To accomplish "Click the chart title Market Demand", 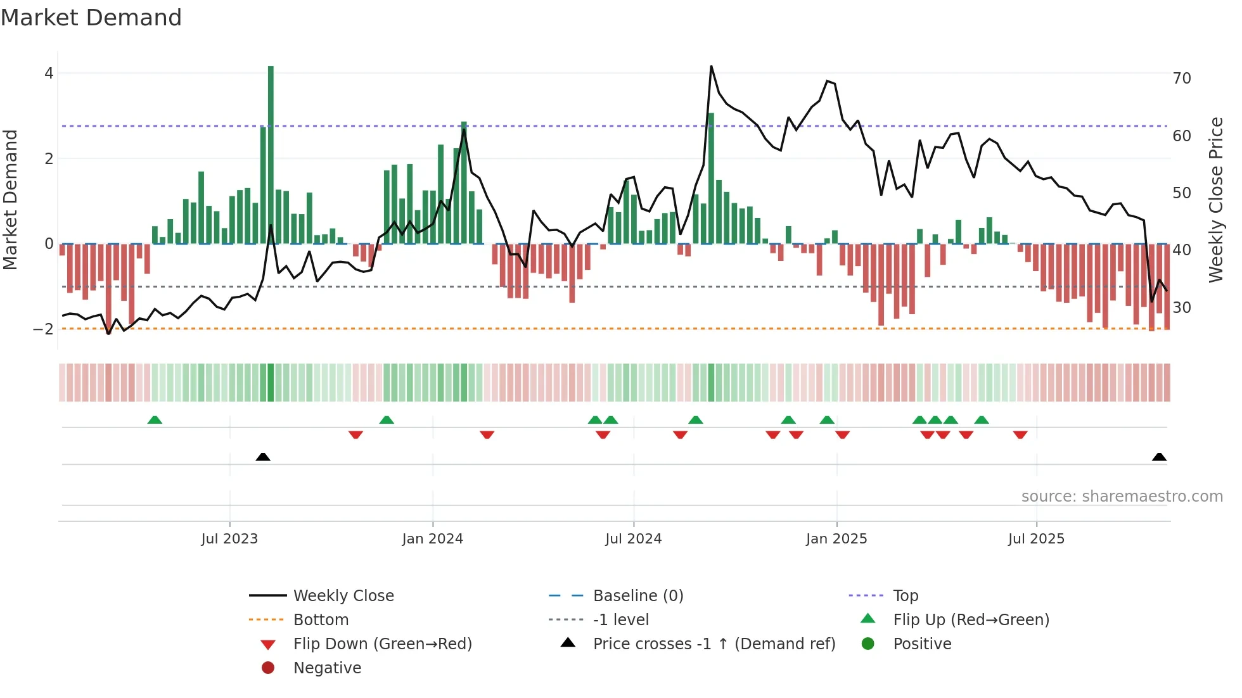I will coord(91,18).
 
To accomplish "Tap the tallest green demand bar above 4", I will coord(271,152).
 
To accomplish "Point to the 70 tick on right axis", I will coord(1181,79).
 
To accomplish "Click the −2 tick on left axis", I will coord(43,329).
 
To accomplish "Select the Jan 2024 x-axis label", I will coord(432,539).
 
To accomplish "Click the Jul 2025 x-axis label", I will coord(1036,539).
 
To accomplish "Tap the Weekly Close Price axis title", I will coord(1215,200).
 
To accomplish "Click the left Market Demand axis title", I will coord(10,200).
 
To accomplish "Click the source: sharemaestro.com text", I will coord(1122,497).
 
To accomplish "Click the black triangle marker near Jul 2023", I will coord(263,457).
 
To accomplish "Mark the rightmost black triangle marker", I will coord(1159,457).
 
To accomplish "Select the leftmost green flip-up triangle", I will coord(155,420).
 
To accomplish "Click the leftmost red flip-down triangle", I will coord(355,435).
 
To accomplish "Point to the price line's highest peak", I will coord(711,67).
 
